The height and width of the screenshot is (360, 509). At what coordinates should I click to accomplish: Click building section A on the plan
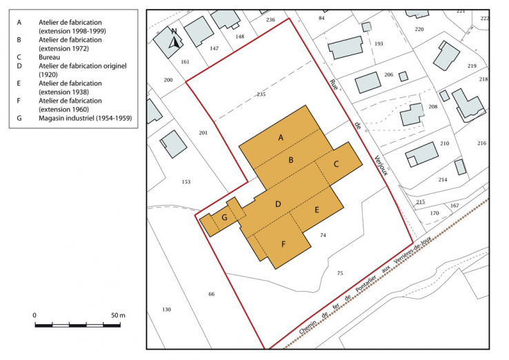point(281,137)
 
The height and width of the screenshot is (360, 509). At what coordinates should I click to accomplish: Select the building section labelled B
point(292,160)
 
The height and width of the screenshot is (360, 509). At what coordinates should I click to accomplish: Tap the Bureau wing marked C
point(336,164)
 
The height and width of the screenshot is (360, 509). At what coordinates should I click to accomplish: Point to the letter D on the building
point(278,204)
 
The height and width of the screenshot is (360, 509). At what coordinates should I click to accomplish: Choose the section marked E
point(317,210)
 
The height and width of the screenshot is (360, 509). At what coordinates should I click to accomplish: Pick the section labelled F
point(283,243)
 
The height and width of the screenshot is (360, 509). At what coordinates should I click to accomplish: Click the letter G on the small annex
point(224,218)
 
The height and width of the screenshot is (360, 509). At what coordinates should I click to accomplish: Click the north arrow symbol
point(175,39)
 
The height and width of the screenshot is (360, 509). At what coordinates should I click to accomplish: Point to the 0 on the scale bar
point(34,315)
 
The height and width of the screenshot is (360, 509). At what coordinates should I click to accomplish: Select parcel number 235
point(261,94)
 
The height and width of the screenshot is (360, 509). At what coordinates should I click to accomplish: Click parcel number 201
point(203,132)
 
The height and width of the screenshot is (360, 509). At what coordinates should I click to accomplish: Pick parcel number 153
point(186,181)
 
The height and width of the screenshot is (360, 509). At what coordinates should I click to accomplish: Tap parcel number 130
point(166,309)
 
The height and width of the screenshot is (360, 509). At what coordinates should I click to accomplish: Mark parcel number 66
point(211,294)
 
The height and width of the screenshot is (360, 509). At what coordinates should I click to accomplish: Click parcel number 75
point(339,273)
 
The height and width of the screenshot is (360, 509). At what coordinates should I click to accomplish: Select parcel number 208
point(432,107)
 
